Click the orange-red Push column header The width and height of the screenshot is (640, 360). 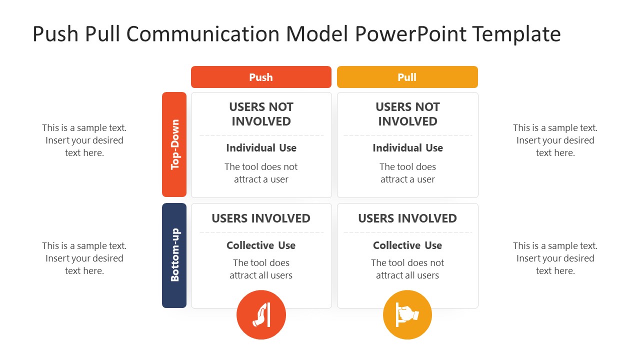point(261,77)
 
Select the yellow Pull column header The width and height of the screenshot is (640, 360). point(407,77)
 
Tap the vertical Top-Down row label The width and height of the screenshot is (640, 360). point(174,144)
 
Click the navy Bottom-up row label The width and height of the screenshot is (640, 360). point(174,255)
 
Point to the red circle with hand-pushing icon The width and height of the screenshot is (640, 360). point(261,315)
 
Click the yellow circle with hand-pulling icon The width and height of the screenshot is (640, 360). point(407,315)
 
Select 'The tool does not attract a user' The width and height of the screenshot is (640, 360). point(261,173)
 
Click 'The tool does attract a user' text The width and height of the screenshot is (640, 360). point(407,173)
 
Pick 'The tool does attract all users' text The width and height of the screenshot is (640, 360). point(261,269)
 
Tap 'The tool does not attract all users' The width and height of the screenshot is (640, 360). point(407,269)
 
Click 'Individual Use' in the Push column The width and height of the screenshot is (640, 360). point(261,148)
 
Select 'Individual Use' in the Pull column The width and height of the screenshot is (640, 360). point(407,148)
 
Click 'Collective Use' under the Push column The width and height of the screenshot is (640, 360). point(261,245)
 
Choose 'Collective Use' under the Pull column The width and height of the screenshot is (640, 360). point(407,245)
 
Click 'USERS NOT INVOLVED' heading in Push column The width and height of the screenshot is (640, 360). point(261,114)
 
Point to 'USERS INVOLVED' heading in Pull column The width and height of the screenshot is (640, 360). point(407,218)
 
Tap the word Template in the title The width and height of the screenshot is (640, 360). point(516,34)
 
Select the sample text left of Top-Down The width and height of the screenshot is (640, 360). point(84,140)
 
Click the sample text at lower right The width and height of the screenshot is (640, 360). point(555,258)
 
